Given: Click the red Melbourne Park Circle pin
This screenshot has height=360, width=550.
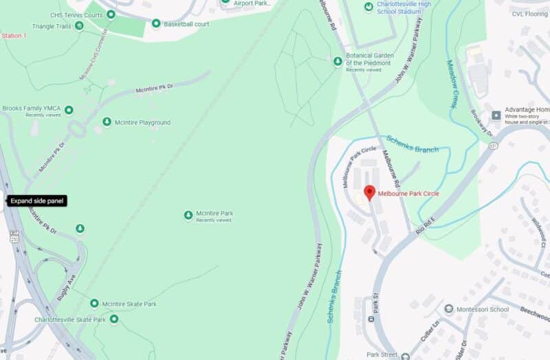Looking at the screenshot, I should [x=369, y=192].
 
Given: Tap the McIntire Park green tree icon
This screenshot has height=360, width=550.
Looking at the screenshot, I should [x=188, y=216].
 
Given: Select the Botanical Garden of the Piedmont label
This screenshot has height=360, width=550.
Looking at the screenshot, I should [x=368, y=60].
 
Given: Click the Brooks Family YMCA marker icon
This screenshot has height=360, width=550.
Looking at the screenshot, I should [x=69, y=109].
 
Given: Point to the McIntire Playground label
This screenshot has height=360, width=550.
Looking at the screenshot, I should [x=144, y=122].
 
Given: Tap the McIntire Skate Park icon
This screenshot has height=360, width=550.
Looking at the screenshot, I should [x=94, y=304].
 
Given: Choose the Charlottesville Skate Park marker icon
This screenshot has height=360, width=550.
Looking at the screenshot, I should [x=114, y=319].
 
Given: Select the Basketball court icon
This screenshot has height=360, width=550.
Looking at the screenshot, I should [x=156, y=24].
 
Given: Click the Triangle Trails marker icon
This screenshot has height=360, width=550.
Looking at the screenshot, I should [x=79, y=25].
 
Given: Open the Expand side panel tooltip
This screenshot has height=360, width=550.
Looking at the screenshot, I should [x=36, y=201].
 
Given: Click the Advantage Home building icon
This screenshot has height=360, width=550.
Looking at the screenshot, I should [x=496, y=113].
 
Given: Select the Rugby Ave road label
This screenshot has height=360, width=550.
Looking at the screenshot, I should [x=66, y=286].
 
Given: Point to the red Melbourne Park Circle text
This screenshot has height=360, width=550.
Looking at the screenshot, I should [x=408, y=194].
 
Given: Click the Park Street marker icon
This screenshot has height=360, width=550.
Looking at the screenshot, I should [x=405, y=356].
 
